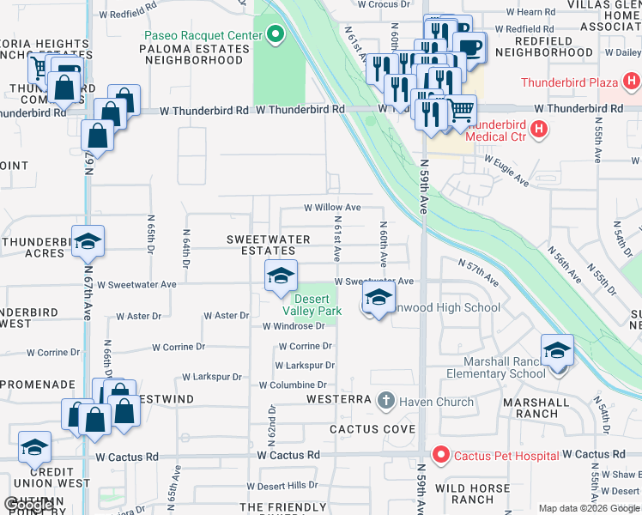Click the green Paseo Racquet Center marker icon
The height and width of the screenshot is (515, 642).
[275, 35]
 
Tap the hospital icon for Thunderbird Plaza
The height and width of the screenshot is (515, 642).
[633, 83]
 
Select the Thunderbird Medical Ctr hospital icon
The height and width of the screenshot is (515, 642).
[539, 130]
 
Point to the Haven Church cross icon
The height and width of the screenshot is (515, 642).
[386, 401]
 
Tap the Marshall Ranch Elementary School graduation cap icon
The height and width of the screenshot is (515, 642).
[556, 350]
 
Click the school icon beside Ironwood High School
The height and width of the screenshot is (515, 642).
[376, 299]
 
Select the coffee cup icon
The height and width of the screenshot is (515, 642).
[469, 46]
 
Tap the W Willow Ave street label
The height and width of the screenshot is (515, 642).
[332, 208]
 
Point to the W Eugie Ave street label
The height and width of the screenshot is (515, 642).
[506, 170]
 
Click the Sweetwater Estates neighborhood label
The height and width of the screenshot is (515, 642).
[261, 245]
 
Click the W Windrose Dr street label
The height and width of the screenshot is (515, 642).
[293, 326]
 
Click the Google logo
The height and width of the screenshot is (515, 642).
[28, 505]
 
